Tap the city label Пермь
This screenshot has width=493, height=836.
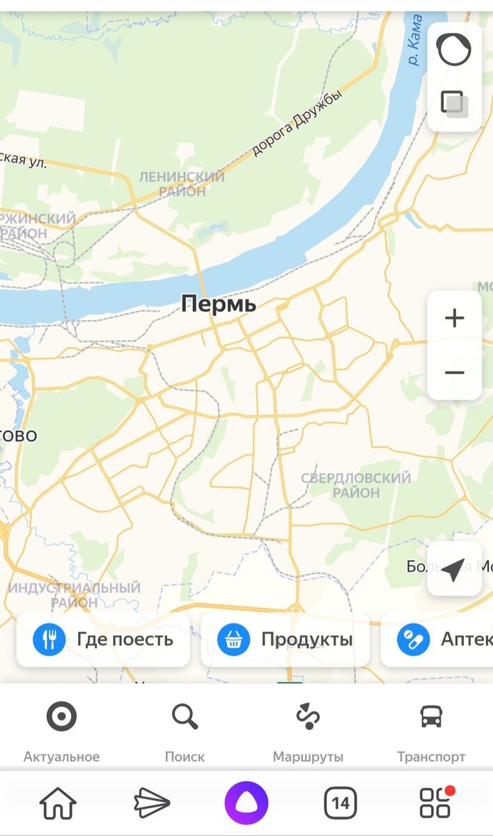coord(219,304)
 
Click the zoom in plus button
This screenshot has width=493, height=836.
coord(454,318)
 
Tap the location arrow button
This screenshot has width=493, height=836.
coord(453,569)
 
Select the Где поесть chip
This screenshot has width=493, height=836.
coord(103,640)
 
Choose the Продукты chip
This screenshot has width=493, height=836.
coord(285,640)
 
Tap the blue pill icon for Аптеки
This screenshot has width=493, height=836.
coord(413,640)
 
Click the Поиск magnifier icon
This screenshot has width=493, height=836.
coord(185,716)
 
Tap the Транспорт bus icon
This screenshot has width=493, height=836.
coord(431,716)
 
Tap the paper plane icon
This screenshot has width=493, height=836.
coord(152,803)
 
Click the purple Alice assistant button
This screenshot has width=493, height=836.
coord(246,803)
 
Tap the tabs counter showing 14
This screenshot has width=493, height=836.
coord(341,803)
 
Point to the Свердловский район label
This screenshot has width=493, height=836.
coord(356,486)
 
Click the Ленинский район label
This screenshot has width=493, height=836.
coord(182,184)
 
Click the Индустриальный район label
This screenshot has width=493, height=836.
coord(75,595)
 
